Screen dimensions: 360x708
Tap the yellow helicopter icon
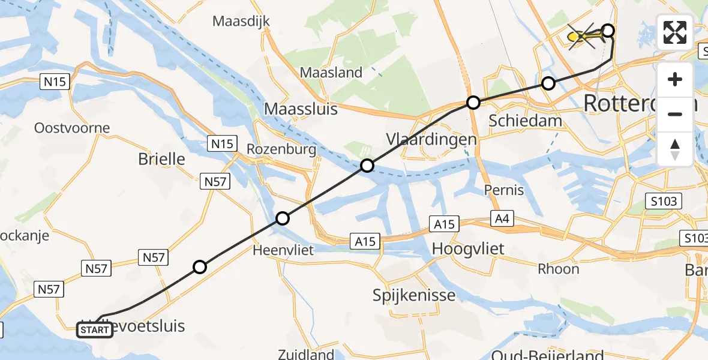pos(586,38)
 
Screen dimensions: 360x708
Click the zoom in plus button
pos(675,79)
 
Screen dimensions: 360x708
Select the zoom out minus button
pos(675,114)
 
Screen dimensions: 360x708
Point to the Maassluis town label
pos(301,109)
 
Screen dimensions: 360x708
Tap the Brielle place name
pos(161,160)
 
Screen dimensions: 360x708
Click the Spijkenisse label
pos(414,295)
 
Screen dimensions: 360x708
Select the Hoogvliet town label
pos(468,248)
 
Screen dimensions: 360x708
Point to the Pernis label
pos(504,191)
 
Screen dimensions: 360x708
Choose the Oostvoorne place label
pos(72,128)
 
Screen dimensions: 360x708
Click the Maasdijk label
pos(242,22)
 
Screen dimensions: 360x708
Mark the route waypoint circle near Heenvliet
pos(283,218)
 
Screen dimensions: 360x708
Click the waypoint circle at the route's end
pos(608,31)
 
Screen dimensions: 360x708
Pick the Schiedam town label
pos(526,121)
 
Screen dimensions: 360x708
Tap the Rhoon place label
pos(559,268)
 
